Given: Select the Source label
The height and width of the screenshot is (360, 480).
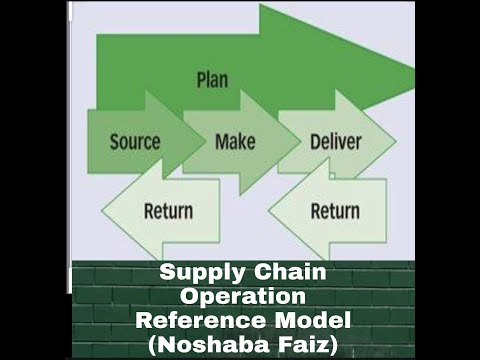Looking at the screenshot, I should click(134, 140).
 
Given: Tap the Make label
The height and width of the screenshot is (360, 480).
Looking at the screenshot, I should click(235, 140).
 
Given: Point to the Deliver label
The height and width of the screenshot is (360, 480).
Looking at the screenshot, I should click(335, 140).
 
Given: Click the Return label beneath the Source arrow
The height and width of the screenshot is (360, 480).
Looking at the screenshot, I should click(168, 211).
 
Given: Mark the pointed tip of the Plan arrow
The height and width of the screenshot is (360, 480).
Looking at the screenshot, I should click(413, 72).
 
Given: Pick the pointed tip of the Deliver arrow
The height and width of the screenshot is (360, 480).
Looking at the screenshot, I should click(396, 141).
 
